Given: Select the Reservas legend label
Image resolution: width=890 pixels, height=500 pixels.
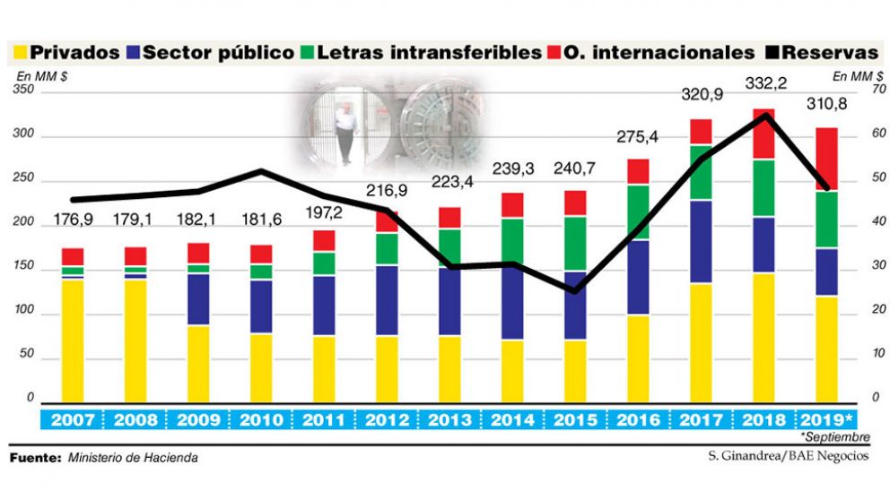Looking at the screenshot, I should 833,53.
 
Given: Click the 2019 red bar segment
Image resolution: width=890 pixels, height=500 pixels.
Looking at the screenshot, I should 825,159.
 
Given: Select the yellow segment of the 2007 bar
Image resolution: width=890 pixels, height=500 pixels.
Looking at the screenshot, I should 73,341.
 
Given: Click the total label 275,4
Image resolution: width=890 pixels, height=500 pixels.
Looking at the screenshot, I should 638,137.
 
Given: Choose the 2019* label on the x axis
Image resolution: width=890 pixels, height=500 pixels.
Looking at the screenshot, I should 826,420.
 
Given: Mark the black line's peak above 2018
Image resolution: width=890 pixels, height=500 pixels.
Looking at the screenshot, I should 765,115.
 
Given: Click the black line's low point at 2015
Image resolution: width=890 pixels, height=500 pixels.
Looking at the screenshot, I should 575,290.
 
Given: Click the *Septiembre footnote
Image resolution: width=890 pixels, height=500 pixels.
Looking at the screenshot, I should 839,437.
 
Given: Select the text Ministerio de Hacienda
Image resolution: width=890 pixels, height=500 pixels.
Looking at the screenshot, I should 133,458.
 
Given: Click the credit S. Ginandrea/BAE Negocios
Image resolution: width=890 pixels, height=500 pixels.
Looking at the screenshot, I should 788,456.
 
